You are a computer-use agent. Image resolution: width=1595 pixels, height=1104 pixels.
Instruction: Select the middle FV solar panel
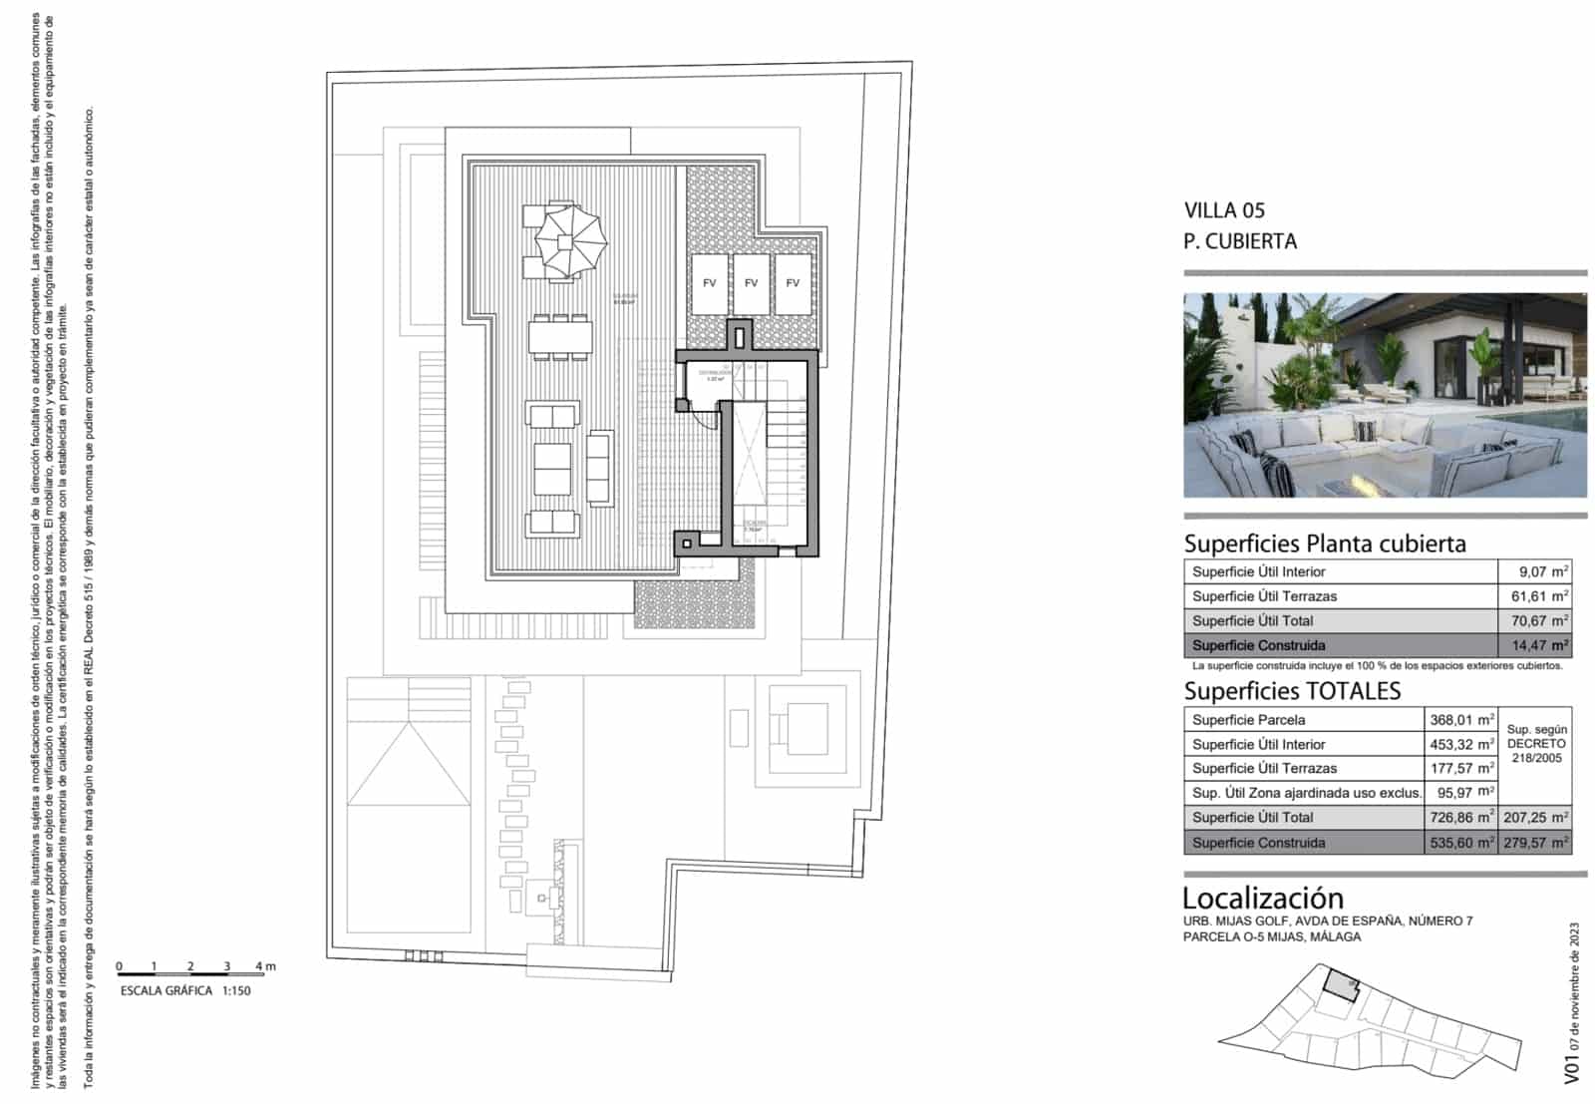tap(751, 283)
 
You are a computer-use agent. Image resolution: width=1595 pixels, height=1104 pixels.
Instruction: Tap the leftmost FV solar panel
tap(709, 283)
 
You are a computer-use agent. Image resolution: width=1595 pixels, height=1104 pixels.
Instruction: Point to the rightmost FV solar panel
tap(793, 283)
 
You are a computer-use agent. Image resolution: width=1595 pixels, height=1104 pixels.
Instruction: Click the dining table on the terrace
tap(560, 338)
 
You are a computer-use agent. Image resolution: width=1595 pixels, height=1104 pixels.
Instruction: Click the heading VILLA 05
tap(1224, 210)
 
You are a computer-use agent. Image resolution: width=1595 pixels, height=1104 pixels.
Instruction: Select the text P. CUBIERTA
tap(1239, 241)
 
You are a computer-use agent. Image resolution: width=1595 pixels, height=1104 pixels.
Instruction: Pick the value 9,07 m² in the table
tap(1535, 571)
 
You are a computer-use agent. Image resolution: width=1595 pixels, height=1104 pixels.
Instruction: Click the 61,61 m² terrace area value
tap(1535, 596)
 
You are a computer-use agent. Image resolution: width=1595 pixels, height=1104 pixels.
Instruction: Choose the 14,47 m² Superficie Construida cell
tap(1535, 645)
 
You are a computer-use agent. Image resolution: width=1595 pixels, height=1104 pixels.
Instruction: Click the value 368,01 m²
tap(1461, 720)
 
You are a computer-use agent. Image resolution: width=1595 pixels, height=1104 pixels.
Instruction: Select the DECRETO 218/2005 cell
tap(1536, 744)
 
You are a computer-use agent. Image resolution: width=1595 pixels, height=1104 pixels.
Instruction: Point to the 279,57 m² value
tap(1536, 843)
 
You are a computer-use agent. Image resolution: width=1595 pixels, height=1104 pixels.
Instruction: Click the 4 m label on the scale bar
tap(264, 966)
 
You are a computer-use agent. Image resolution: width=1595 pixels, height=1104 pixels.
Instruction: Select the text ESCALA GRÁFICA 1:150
tap(185, 991)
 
